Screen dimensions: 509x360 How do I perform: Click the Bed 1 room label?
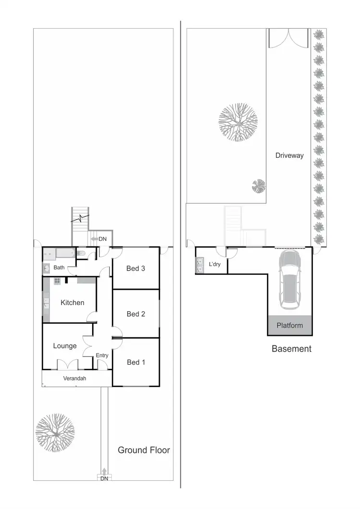click(x=136, y=362)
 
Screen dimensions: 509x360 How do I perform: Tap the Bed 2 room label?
click(x=136, y=314)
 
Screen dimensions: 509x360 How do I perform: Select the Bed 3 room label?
click(x=136, y=269)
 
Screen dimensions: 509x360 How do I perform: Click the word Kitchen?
click(x=72, y=303)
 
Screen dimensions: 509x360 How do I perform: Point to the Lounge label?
click(x=65, y=346)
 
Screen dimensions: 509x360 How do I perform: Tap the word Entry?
click(x=102, y=355)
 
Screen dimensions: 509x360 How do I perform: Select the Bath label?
click(x=59, y=268)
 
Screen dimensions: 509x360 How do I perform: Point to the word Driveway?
click(x=289, y=155)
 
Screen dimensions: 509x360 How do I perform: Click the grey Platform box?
click(x=290, y=326)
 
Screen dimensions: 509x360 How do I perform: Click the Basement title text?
click(x=291, y=349)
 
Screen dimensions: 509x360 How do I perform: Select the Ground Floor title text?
click(x=144, y=450)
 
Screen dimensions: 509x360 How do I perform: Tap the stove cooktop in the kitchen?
click(x=57, y=281)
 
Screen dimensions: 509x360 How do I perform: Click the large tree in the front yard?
click(x=55, y=432)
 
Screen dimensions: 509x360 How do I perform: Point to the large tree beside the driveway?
click(x=238, y=122)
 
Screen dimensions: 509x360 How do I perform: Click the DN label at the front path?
click(x=104, y=478)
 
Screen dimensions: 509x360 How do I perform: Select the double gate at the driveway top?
click(x=288, y=38)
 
